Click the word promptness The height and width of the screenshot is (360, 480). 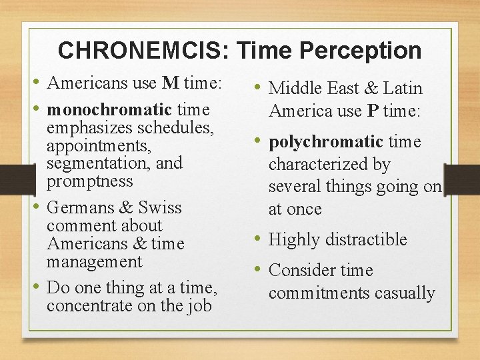(89, 181)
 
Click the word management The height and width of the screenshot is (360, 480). (94, 262)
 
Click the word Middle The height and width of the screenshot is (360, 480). (294, 89)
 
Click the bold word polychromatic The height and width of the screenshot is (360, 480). (325, 142)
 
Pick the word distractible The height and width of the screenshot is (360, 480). (365, 240)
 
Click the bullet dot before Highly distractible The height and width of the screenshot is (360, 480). (257, 239)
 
